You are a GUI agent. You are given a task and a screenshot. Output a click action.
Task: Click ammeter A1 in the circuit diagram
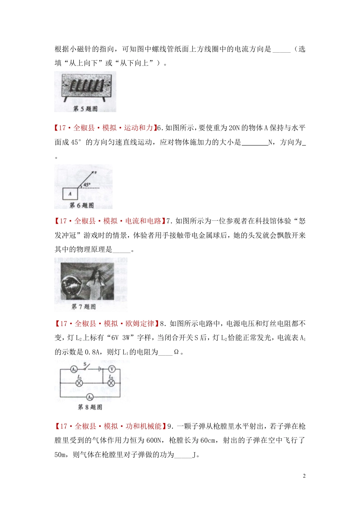(x=74, y=369)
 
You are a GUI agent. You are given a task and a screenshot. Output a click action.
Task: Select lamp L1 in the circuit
(x=79, y=383)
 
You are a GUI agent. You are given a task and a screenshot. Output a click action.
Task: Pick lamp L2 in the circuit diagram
(x=111, y=383)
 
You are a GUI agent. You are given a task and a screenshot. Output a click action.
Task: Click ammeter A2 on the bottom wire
(x=90, y=397)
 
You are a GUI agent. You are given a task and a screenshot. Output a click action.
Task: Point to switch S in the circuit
(x=87, y=367)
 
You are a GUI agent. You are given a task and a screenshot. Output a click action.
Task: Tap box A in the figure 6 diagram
(x=70, y=194)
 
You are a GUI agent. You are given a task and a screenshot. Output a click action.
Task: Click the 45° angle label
(x=87, y=185)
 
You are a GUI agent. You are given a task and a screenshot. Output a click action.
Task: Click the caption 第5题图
(x=85, y=109)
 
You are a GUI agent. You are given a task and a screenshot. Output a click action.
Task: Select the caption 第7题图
(x=83, y=306)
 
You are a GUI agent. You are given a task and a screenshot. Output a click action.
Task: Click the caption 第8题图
(x=90, y=407)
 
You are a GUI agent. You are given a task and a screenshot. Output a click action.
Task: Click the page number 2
(x=304, y=476)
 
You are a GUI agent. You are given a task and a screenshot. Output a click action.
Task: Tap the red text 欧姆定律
(x=140, y=324)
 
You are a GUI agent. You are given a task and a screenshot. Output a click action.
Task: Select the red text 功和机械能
(x=144, y=426)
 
